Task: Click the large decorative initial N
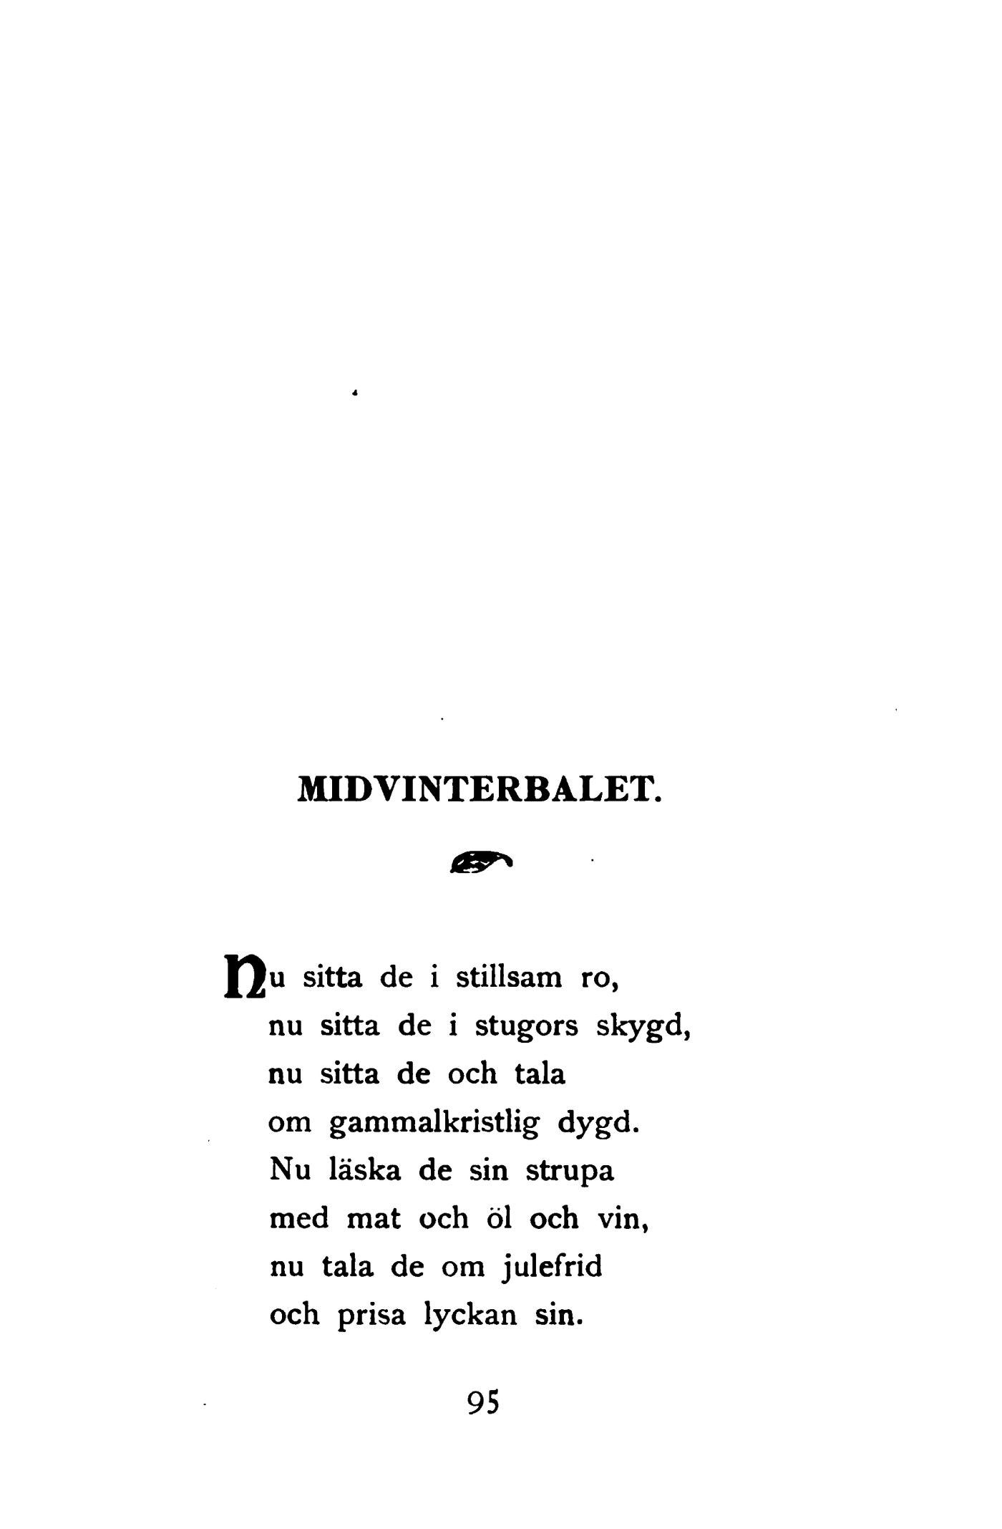tap(244, 976)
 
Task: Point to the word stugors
tap(527, 1026)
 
